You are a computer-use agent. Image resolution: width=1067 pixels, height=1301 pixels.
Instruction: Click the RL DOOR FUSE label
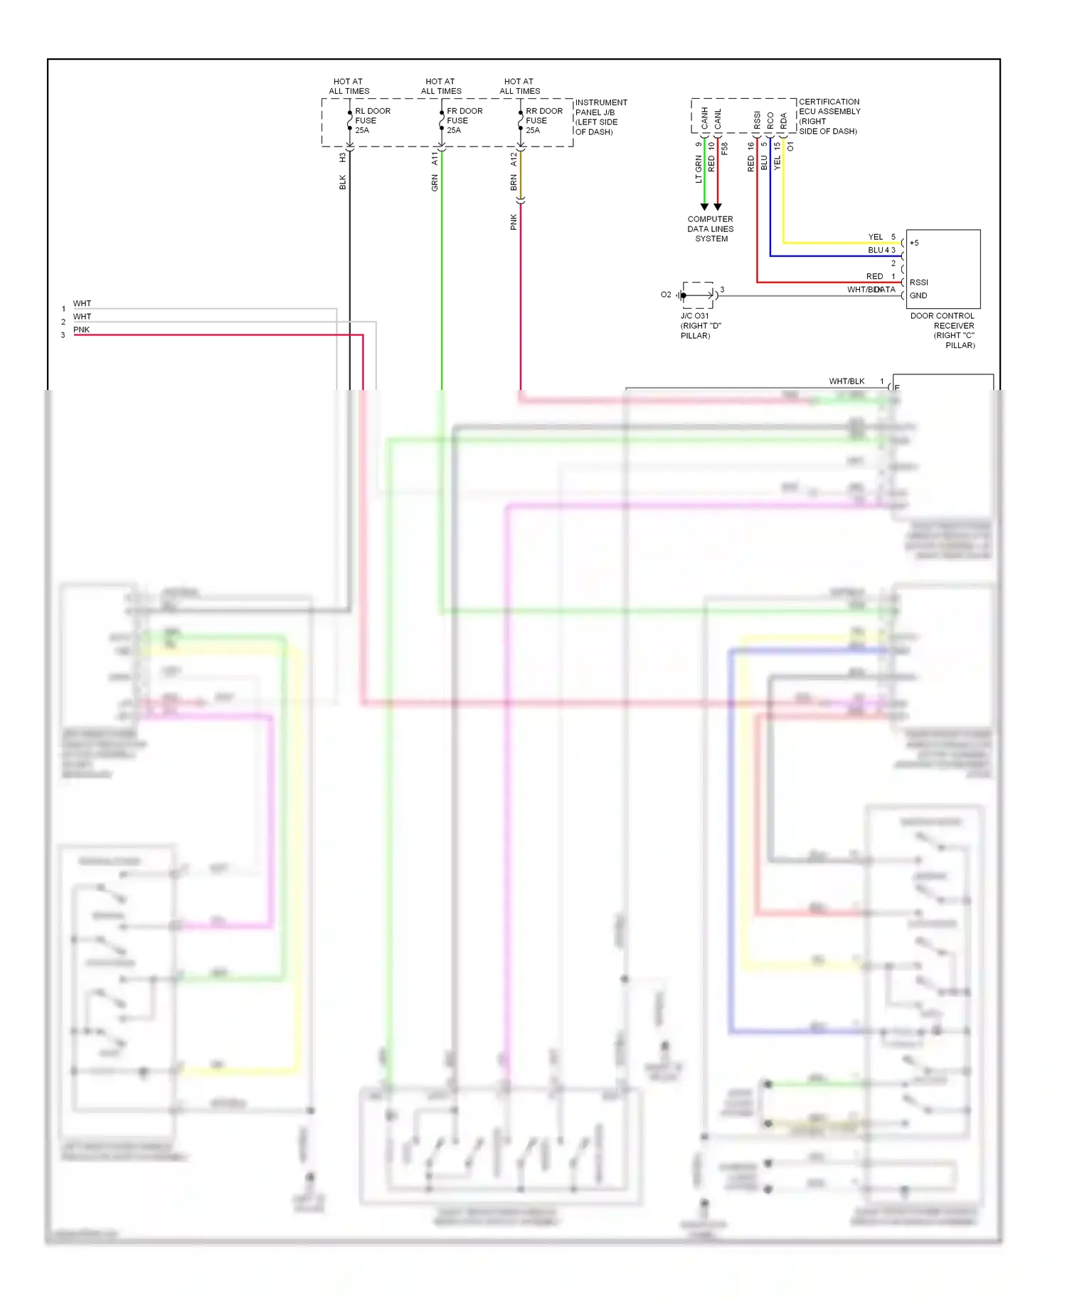372,120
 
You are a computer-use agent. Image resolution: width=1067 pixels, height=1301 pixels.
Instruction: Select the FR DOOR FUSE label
464,120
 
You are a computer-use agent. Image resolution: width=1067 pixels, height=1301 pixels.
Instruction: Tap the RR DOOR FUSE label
543,120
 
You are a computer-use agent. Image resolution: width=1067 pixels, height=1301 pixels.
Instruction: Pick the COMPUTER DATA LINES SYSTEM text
710,228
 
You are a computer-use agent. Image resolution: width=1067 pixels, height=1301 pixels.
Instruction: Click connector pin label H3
342,157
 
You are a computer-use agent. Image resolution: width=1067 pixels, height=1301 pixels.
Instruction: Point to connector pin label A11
435,158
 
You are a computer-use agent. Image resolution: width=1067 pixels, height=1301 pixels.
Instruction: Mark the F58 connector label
724,149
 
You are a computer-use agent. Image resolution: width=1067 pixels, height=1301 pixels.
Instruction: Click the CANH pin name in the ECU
704,118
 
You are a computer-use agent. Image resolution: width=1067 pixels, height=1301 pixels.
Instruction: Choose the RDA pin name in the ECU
783,120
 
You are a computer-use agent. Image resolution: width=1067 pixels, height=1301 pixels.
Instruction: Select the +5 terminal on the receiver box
914,243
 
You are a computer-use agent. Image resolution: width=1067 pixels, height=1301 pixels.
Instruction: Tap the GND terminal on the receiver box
918,295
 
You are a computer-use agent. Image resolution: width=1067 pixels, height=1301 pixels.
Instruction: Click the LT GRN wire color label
698,169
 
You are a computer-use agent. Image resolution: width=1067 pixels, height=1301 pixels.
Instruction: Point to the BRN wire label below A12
513,183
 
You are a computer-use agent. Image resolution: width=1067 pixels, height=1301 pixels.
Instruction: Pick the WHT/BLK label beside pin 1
846,381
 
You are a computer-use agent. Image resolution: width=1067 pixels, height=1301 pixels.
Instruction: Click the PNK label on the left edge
81,330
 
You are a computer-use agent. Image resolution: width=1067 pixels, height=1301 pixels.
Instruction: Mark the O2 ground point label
665,295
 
